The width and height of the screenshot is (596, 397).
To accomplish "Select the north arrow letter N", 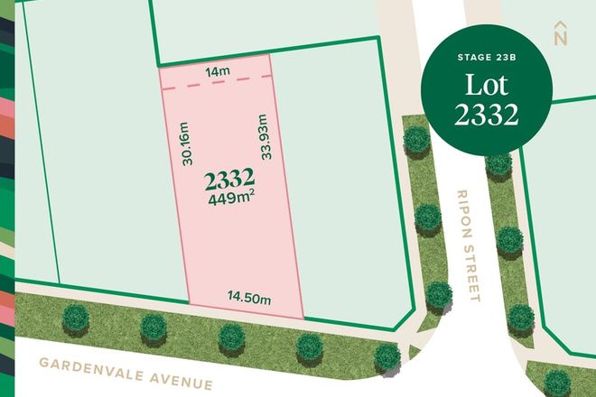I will (x=561, y=38).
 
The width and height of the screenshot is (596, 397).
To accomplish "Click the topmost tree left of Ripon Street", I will (x=415, y=138).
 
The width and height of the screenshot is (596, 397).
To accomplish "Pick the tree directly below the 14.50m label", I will (x=232, y=337).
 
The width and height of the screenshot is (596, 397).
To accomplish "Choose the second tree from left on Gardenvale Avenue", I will (x=154, y=327).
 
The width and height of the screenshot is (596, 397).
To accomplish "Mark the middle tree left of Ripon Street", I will (x=426, y=217).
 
